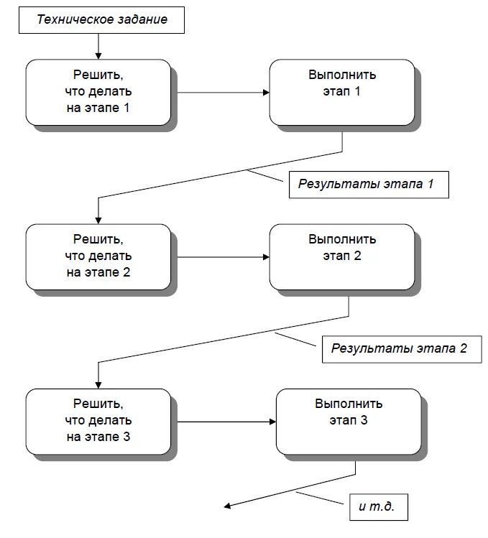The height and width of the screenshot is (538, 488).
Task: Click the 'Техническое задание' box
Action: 101,19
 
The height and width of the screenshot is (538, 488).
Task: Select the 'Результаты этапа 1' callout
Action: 369,184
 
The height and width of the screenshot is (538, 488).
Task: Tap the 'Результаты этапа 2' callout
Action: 399,349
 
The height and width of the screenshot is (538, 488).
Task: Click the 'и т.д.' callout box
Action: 379,507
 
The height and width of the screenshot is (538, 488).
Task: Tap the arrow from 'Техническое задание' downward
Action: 98,46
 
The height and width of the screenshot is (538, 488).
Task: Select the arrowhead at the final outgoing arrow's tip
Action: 227,506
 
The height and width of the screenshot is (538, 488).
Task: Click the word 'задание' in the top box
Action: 143,19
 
